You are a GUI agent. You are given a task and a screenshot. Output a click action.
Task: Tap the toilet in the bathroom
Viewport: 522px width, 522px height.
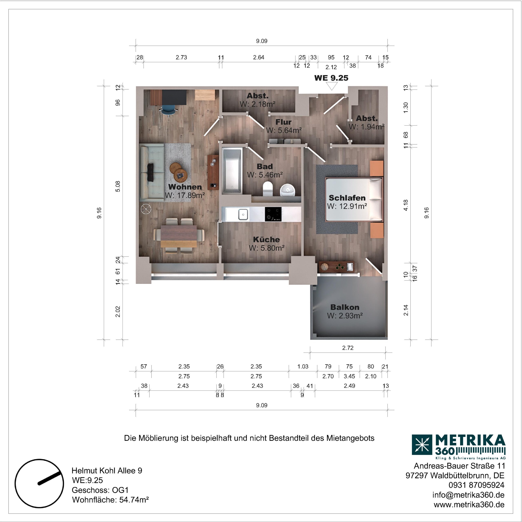click(x=268, y=189)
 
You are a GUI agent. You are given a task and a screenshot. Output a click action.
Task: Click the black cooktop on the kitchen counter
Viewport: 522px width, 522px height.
click(x=273, y=214)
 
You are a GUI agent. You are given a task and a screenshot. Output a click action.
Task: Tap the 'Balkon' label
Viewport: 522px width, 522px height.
click(x=345, y=307)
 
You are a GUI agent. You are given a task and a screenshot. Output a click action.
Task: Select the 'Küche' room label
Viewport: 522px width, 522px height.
click(x=267, y=239)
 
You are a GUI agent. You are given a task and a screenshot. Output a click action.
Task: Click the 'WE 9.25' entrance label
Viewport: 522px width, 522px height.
click(x=331, y=78)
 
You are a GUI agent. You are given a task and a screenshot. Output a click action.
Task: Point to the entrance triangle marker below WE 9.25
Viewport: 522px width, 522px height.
click(x=332, y=86)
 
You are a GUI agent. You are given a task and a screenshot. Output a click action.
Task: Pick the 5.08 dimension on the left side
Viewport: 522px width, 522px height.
click(x=118, y=186)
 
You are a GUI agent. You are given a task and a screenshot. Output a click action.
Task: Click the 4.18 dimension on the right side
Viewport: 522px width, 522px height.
click(x=406, y=205)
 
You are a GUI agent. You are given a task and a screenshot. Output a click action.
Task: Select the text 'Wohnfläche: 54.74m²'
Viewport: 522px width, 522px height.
click(x=110, y=500)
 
